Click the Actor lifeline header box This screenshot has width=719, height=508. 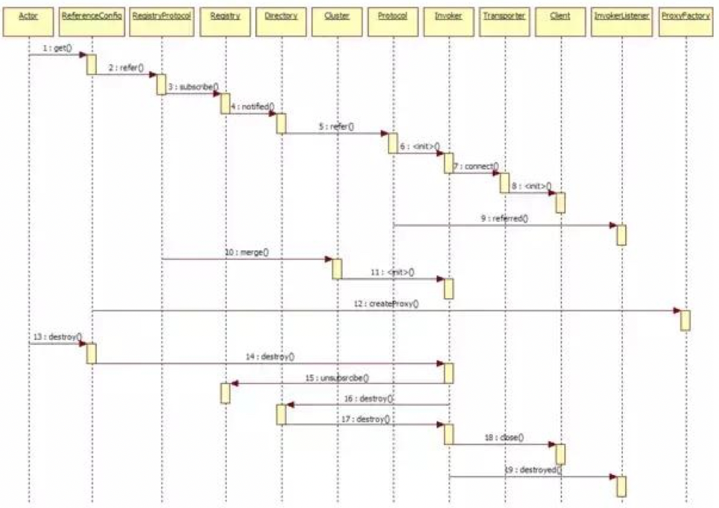(29, 16)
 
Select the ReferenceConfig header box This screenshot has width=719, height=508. (92, 16)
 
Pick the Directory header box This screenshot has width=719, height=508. (280, 16)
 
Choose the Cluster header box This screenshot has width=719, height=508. (337, 16)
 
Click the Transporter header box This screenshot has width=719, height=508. (504, 16)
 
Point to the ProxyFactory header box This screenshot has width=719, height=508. (685, 16)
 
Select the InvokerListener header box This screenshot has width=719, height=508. (621, 16)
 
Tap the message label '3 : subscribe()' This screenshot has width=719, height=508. (193, 86)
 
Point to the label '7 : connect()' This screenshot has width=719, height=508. (475, 166)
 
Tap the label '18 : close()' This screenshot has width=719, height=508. (503, 437)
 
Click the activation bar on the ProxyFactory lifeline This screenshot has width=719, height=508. (685, 320)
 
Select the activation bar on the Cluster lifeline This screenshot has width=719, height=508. (337, 269)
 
